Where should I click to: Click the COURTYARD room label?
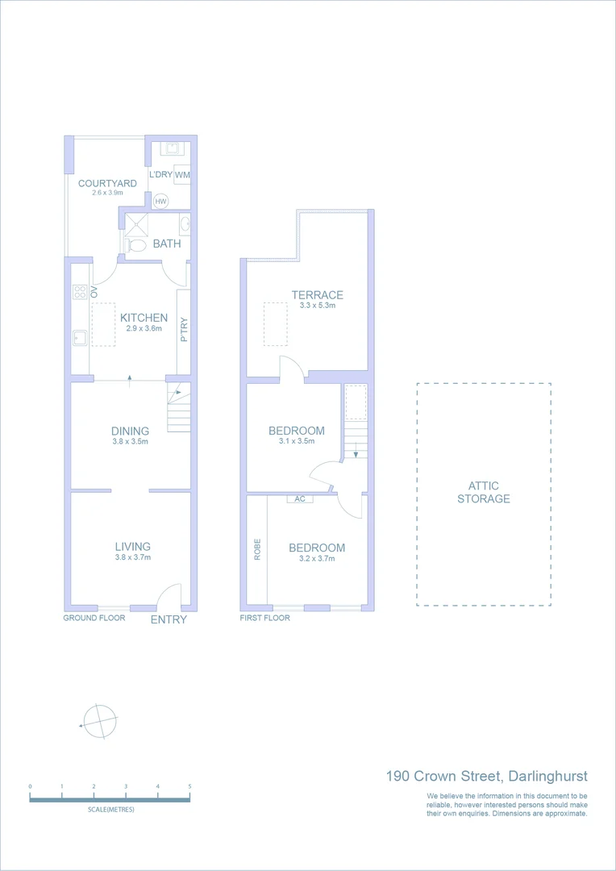107,183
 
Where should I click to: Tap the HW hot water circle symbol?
160,202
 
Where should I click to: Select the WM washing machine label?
182,174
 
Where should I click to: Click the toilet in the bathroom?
135,244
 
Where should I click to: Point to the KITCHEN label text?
144,318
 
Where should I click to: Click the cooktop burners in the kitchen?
80,292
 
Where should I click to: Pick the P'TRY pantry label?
184,329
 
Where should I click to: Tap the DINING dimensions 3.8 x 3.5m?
130,441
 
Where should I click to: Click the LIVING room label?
132,546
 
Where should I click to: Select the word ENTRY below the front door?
169,619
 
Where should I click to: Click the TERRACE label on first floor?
317,294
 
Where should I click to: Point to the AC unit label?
300,499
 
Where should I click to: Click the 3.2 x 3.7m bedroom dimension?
317,558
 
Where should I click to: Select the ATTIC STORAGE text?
484,492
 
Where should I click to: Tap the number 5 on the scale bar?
189,786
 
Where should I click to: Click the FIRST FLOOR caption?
264,618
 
